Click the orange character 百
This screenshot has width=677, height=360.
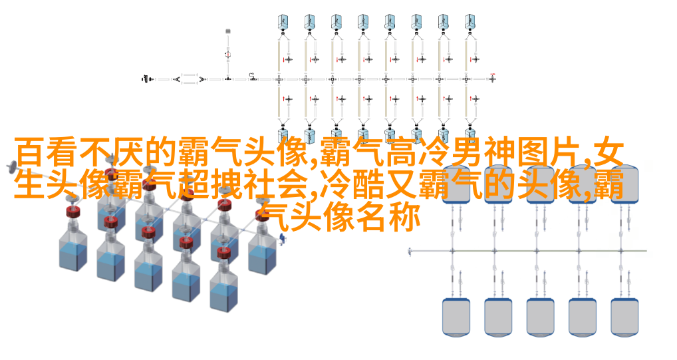tap(30, 152)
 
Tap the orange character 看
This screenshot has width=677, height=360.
tap(61, 152)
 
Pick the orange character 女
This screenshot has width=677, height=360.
tap(609, 152)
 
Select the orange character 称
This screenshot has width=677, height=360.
tap(406, 218)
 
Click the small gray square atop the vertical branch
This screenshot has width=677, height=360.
tap(228, 31)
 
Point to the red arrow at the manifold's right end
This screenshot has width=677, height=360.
tap(493, 75)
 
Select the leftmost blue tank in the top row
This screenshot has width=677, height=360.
tap(283, 22)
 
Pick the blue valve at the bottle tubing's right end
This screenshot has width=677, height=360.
tap(282, 238)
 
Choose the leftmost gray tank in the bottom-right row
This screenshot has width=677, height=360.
tap(456, 317)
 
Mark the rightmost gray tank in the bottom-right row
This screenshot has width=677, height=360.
tap(624, 317)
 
